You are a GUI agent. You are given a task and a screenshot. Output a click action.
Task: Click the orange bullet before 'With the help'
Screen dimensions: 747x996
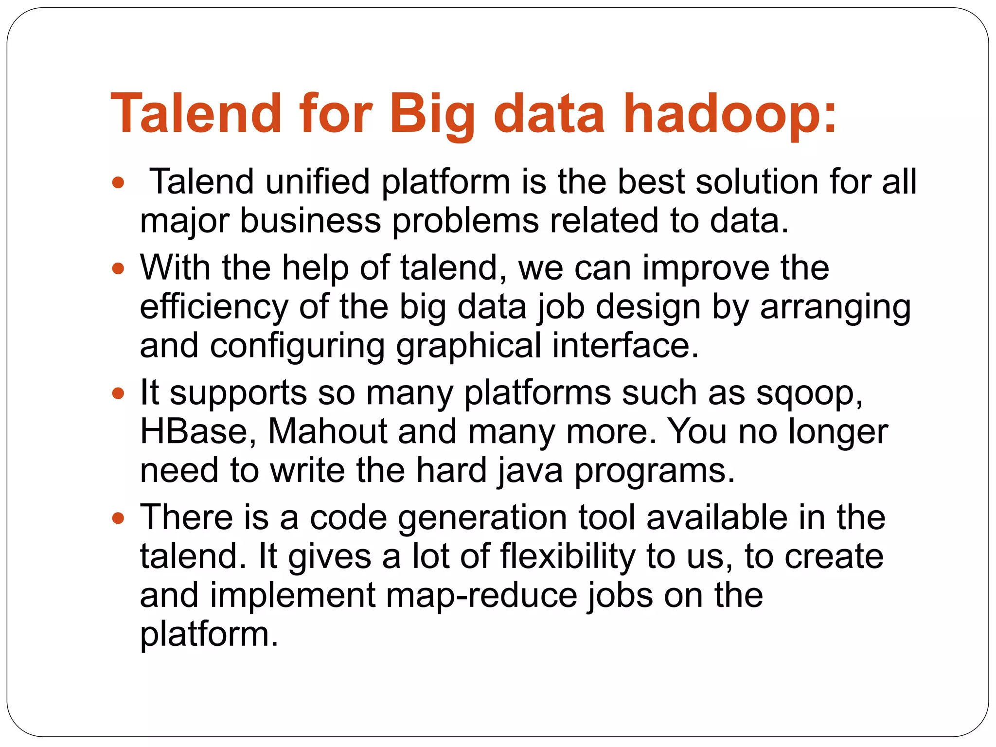pyautogui.click(x=118, y=268)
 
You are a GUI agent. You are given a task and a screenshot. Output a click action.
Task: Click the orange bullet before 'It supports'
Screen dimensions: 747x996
pyautogui.click(x=118, y=393)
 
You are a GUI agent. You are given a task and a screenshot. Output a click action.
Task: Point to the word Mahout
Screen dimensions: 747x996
pyautogui.click(x=327, y=432)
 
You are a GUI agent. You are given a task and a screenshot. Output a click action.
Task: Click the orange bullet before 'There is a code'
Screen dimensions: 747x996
pyautogui.click(x=118, y=518)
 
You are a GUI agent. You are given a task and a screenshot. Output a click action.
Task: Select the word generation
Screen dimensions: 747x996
pyautogui.click(x=482, y=518)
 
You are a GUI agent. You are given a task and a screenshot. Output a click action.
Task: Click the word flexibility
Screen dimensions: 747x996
pyautogui.click(x=568, y=557)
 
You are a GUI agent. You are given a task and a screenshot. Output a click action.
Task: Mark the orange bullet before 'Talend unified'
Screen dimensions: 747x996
pyautogui.click(x=118, y=183)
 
